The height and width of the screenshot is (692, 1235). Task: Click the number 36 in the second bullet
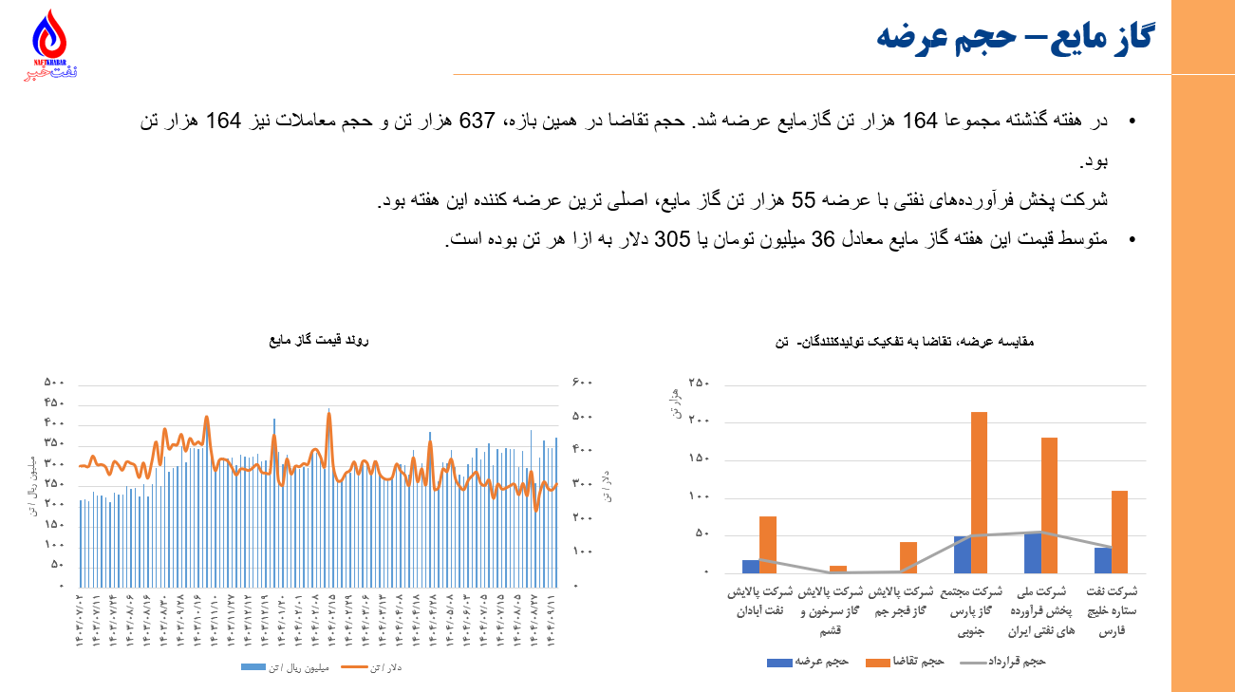(x=821, y=240)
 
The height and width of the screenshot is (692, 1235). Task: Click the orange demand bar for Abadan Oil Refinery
(x=768, y=544)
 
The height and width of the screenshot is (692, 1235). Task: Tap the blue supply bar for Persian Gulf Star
(x=1103, y=560)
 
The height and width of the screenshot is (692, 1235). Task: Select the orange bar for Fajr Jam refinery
(x=908, y=557)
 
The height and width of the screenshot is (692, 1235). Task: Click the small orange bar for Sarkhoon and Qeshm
(x=838, y=570)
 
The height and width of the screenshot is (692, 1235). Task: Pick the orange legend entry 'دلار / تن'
(x=372, y=668)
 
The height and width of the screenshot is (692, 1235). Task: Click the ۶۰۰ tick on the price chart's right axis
(x=582, y=383)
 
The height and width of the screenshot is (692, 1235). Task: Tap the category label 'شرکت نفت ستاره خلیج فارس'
(x=1113, y=611)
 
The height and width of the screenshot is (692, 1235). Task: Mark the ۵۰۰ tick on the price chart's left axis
(x=54, y=383)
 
